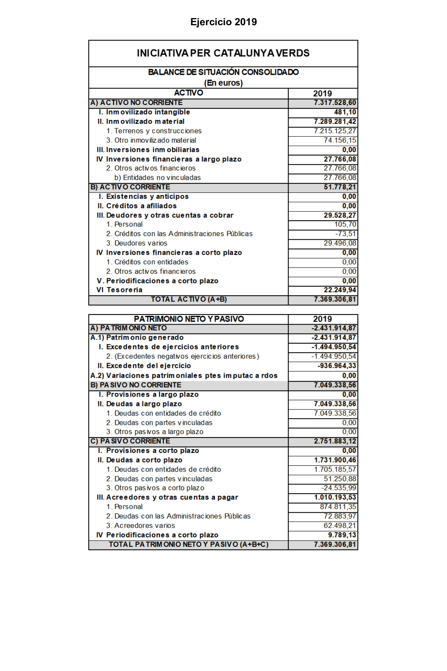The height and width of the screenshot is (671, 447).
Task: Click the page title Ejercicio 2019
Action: (x=223, y=22)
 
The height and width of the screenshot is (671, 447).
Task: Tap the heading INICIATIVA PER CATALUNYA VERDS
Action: (x=223, y=53)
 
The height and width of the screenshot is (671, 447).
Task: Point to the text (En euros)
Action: (x=223, y=83)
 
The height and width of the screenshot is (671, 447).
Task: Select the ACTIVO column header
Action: (x=188, y=93)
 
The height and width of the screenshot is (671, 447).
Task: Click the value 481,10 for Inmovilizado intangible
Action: (x=345, y=112)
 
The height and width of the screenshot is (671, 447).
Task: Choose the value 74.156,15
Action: (x=340, y=140)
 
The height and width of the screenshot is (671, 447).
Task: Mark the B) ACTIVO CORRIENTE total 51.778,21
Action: (x=340, y=187)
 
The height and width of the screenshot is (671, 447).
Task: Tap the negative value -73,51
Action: (x=346, y=234)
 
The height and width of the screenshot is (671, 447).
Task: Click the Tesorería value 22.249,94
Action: (x=340, y=290)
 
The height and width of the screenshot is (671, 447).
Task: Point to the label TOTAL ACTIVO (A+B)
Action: (x=189, y=299)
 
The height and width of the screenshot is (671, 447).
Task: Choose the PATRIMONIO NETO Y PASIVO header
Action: (x=189, y=319)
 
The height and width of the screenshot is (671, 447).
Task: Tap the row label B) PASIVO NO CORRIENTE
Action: (x=136, y=385)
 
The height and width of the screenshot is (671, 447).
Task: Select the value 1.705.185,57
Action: (x=335, y=469)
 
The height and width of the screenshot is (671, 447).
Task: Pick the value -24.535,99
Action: (x=339, y=488)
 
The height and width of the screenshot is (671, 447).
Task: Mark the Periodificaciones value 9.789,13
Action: (x=342, y=535)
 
